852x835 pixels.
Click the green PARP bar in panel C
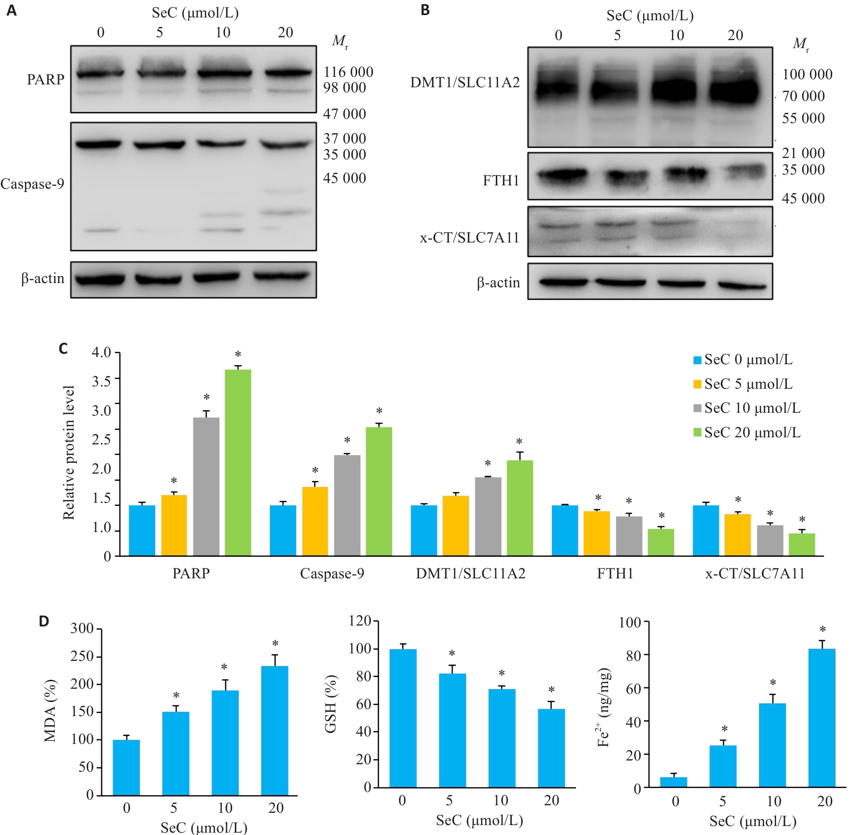[238, 462]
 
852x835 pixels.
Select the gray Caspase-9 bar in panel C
[347, 505]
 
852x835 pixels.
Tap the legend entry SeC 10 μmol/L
[747, 408]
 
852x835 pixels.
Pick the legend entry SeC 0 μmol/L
[743, 359]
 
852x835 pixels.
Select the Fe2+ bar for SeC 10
[772, 745]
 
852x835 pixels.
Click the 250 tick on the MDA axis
[82, 656]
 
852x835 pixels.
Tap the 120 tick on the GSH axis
[360, 621]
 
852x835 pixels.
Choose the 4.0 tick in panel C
[101, 352]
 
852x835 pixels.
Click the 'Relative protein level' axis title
[69, 453]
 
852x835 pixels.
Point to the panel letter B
[425, 10]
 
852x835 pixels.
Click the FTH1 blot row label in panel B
[501, 181]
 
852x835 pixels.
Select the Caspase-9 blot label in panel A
[32, 184]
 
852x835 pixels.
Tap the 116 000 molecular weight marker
[348, 72]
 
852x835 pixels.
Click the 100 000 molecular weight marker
[807, 75]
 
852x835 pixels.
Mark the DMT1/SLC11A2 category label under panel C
[470, 574]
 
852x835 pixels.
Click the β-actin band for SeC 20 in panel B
[741, 285]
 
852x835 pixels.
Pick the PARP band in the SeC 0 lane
[100, 74]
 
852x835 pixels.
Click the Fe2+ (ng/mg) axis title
[604, 708]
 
